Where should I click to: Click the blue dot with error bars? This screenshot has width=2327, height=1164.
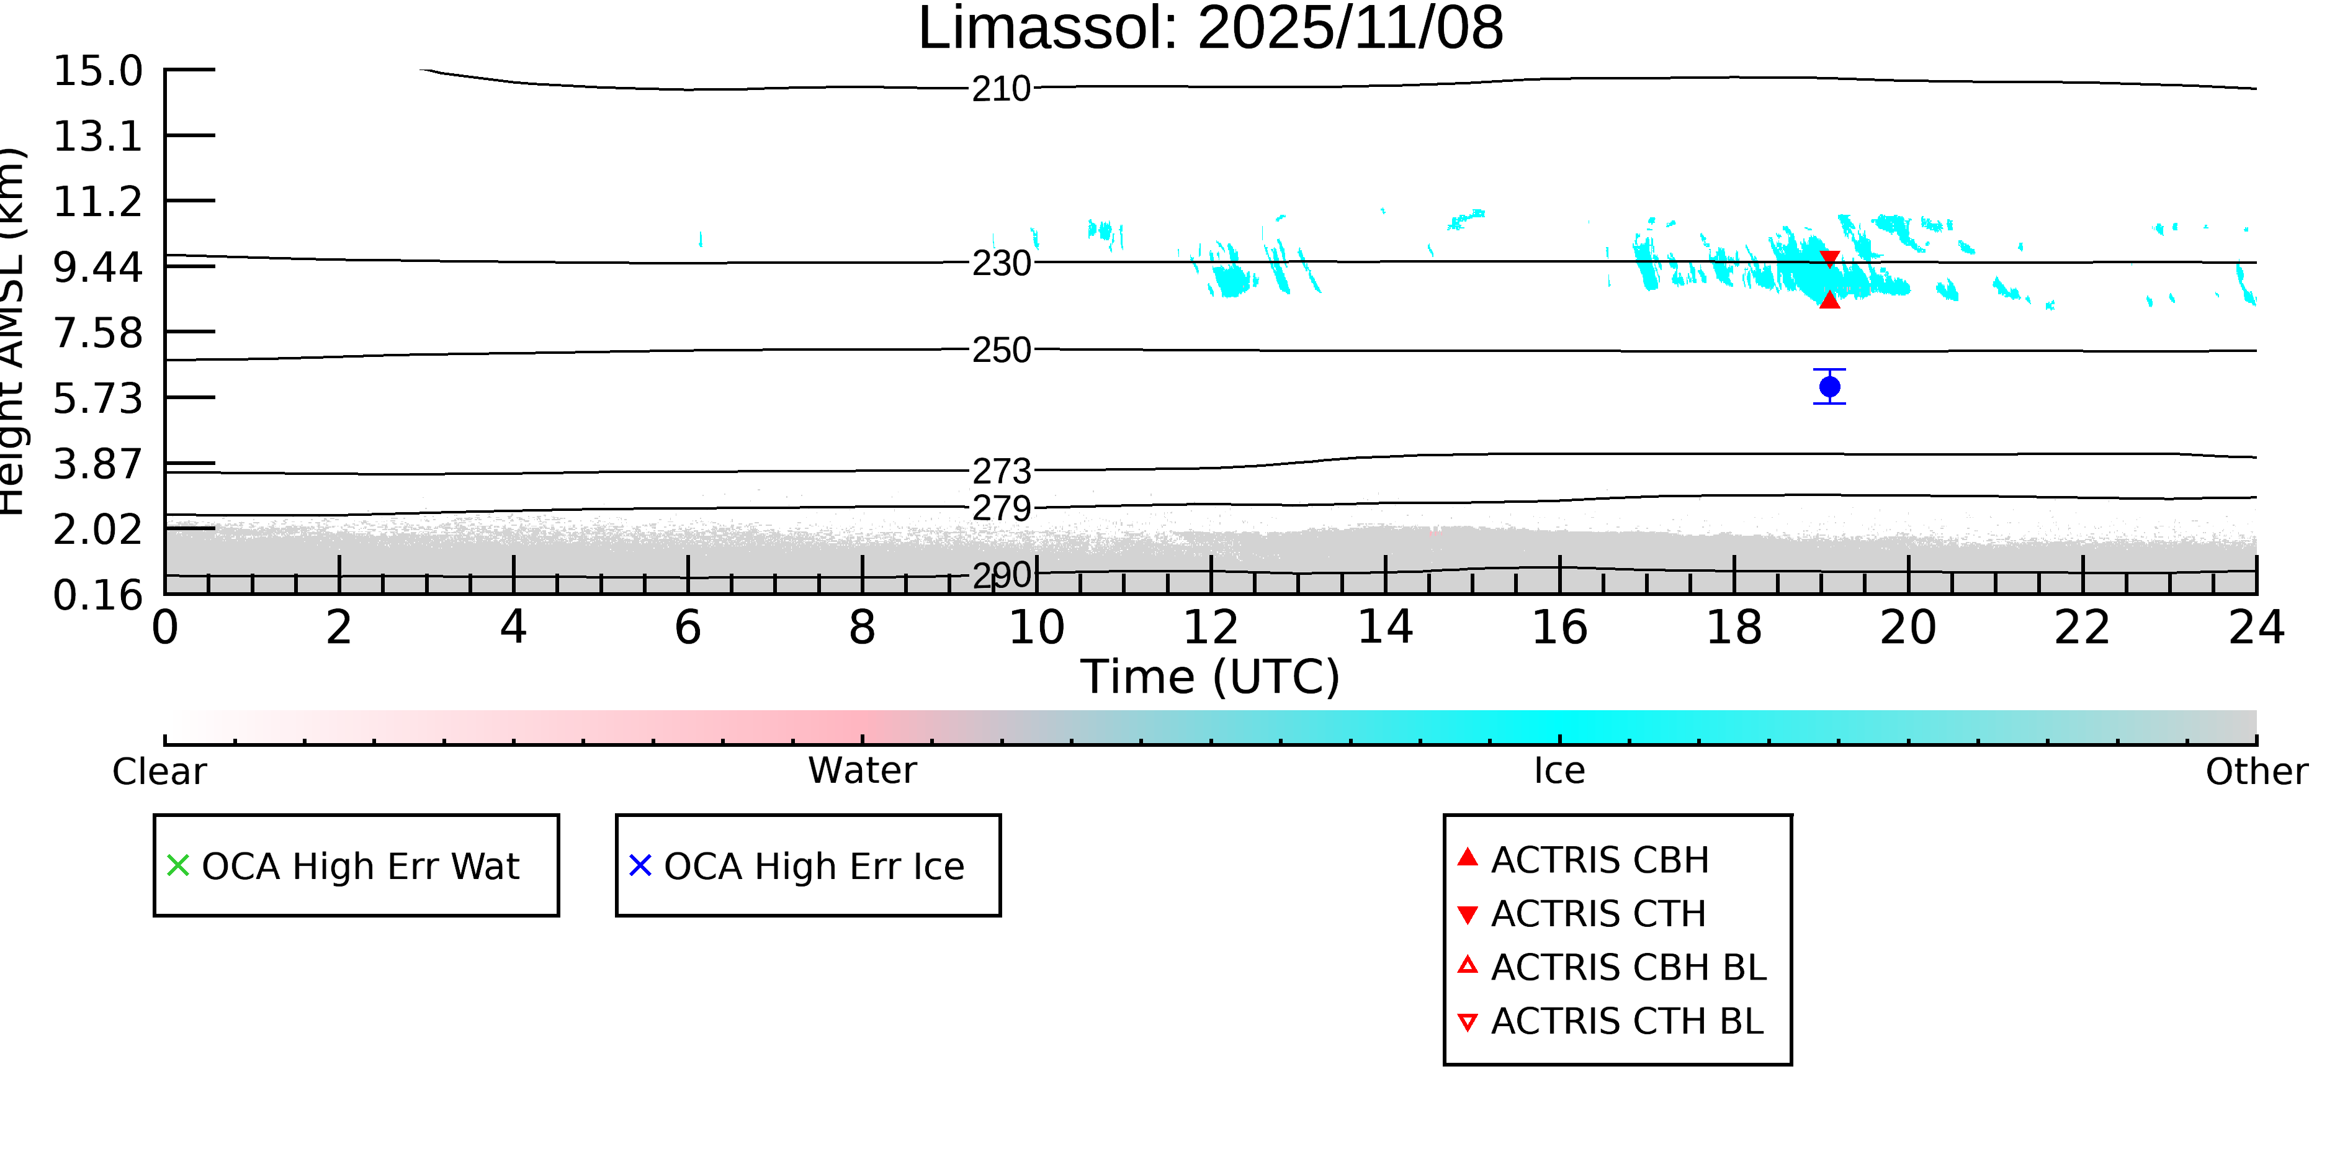(1829, 387)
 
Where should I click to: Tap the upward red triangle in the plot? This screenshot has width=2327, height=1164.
(1829, 300)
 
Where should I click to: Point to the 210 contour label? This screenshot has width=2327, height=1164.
(1001, 89)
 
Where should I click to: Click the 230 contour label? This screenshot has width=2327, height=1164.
(1001, 263)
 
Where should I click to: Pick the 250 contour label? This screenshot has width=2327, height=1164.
(1001, 350)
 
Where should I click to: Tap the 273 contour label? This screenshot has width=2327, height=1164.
(1001, 471)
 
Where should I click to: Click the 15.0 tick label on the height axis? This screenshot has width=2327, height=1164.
(97, 71)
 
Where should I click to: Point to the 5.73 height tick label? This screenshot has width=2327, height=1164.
(97, 398)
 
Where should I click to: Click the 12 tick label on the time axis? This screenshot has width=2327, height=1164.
(1211, 627)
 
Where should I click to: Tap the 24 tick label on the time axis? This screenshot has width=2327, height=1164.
(2256, 627)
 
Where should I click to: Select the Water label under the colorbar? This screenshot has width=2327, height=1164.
(862, 770)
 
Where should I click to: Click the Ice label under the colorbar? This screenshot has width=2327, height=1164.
(1559, 770)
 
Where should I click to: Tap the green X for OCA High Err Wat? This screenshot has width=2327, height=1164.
(178, 866)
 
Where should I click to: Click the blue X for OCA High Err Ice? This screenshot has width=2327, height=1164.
(640, 866)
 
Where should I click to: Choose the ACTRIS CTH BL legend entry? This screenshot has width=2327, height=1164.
(1626, 1021)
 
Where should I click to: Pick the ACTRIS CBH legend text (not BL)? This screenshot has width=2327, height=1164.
(1600, 859)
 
